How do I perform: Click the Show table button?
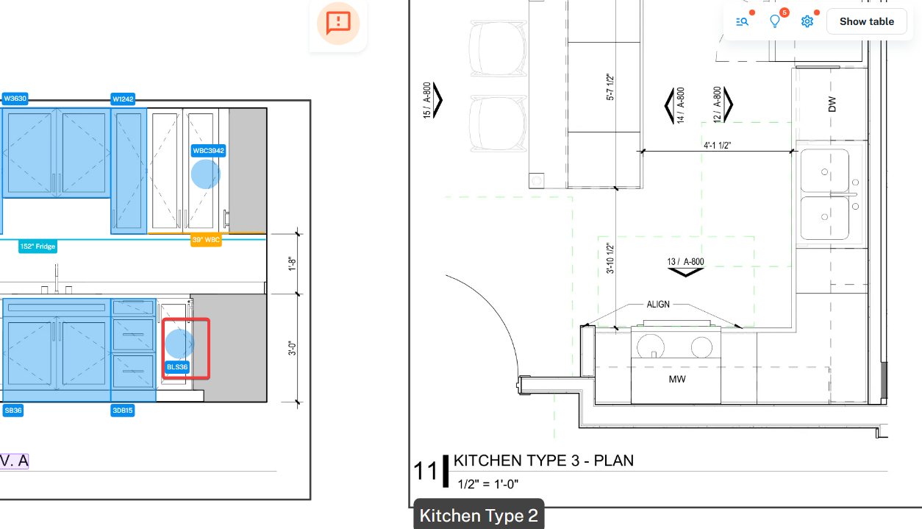click(866, 21)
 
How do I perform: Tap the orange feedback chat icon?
click(338, 23)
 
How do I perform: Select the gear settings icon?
click(807, 21)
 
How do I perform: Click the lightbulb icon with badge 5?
click(775, 21)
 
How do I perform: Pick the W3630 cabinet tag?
click(15, 99)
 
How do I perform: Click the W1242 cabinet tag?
click(123, 99)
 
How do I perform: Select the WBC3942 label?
click(208, 150)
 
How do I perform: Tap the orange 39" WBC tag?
click(206, 240)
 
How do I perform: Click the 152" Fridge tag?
click(38, 246)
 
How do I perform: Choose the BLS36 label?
click(177, 366)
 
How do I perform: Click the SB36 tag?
click(13, 411)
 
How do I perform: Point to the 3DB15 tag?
click(123, 411)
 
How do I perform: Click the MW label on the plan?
click(677, 379)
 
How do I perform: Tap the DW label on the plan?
click(832, 104)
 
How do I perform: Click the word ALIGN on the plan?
click(658, 305)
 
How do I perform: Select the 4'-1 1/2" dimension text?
click(717, 146)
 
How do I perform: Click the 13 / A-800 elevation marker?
click(685, 266)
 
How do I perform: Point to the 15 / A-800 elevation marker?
click(432, 100)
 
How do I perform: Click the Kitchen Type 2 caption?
click(479, 516)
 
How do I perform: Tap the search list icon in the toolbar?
click(742, 21)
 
